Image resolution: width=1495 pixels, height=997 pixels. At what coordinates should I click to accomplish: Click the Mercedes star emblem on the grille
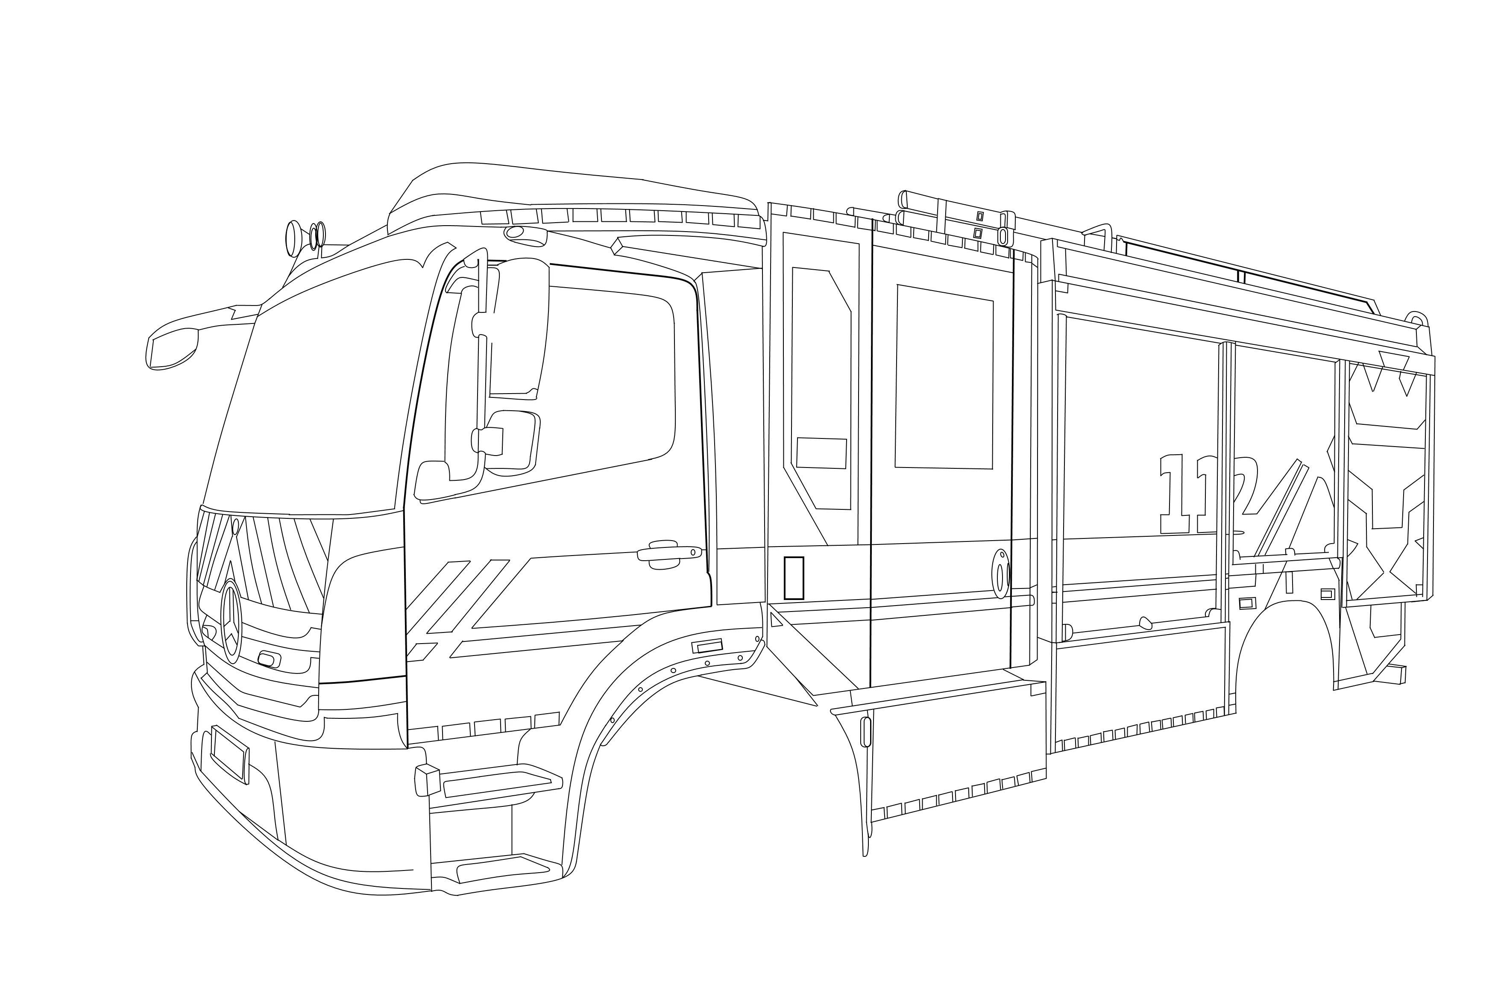coord(231,620)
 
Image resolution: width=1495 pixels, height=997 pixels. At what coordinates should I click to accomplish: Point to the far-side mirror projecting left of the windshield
coord(172,348)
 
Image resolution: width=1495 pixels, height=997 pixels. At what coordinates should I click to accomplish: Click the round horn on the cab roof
coord(293,238)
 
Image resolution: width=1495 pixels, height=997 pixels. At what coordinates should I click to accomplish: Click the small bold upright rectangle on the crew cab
coord(794,578)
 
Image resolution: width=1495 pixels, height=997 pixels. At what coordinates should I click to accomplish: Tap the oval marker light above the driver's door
coord(525,235)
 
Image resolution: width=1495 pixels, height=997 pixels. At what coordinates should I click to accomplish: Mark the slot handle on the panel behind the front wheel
coord(865,731)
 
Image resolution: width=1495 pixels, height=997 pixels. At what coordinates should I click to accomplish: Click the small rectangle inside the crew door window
coord(821,453)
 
